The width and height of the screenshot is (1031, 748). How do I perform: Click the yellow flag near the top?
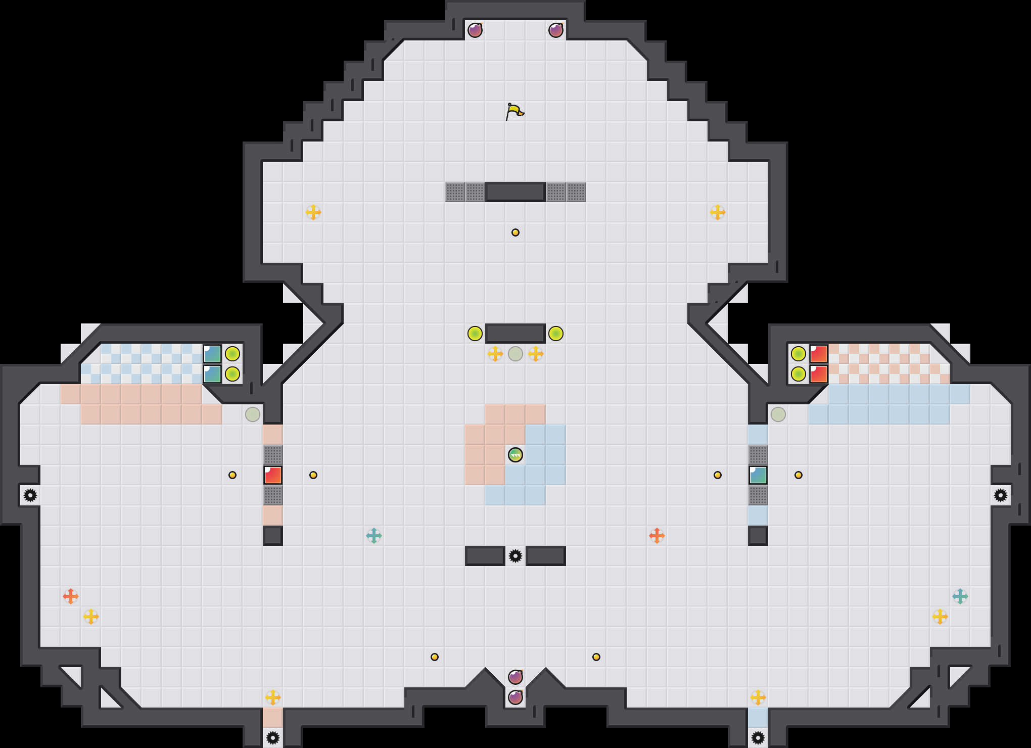514,111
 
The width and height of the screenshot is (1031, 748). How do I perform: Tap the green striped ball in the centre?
515,455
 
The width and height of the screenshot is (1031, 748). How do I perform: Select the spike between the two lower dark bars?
515,556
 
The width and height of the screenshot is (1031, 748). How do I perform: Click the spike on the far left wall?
30,495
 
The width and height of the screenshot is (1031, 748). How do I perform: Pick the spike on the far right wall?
1001,495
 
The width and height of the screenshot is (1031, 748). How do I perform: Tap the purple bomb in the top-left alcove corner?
475,30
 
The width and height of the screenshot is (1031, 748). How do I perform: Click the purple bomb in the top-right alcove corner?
556,30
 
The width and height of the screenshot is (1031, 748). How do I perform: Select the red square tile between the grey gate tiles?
273,475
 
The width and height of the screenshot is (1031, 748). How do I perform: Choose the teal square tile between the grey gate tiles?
758,475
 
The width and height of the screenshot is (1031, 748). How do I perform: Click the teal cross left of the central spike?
374,536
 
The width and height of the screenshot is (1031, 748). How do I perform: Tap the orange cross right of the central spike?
657,536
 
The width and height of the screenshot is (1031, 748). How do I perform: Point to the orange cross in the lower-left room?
71,596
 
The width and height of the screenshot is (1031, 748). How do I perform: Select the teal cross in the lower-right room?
960,596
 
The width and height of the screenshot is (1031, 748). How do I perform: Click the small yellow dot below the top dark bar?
515,232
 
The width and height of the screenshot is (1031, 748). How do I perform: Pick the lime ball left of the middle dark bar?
475,334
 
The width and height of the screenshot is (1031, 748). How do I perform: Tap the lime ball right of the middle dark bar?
556,334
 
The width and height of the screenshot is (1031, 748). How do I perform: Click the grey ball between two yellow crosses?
515,354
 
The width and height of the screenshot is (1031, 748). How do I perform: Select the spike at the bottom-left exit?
273,738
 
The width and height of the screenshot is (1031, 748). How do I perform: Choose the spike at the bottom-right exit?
758,738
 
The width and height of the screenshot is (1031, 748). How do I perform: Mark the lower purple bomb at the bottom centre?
515,697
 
